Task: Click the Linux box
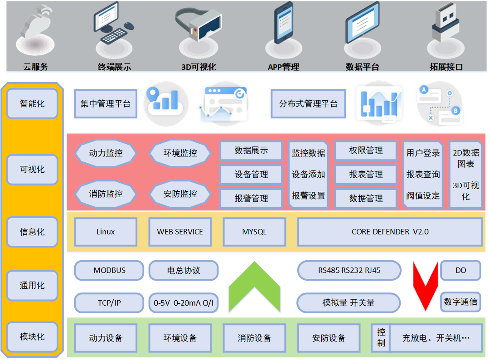tap(106, 232)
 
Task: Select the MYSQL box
tap(254, 232)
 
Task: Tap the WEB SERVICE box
tap(180, 232)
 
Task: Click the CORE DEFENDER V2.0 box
tap(390, 232)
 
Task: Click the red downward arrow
tap(425, 286)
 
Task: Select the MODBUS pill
tap(109, 270)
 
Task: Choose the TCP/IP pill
tap(109, 302)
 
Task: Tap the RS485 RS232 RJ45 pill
tap(349, 270)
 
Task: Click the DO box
tap(460, 270)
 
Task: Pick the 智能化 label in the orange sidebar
tap(32, 103)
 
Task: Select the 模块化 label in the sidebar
tap(32, 337)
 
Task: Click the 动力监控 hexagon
tap(106, 153)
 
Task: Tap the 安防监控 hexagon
tap(180, 194)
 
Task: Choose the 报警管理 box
tap(251, 198)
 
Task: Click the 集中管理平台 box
tap(106, 103)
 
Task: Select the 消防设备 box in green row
tap(254, 338)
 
